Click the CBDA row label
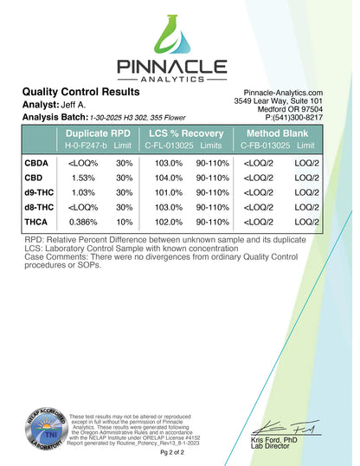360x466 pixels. coord(37,162)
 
